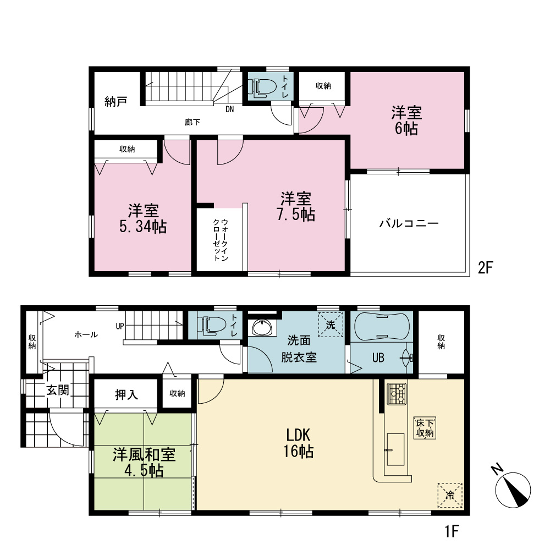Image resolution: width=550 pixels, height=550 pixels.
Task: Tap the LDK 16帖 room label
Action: tap(299, 443)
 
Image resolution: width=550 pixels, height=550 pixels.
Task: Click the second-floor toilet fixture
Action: tap(262, 87)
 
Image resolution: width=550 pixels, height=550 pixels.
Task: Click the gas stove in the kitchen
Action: tap(397, 394)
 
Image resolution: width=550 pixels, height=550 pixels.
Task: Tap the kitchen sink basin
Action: tap(395, 449)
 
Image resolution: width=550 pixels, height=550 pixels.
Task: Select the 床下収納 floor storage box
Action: tap(425, 427)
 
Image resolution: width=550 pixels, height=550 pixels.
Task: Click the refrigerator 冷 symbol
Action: tap(450, 496)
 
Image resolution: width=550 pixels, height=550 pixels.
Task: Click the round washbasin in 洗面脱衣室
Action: tap(262, 328)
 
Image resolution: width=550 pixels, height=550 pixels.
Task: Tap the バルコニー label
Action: tap(409, 223)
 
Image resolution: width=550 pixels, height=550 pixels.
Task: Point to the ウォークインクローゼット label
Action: tap(221, 240)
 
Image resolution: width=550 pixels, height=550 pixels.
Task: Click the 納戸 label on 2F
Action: tap(116, 102)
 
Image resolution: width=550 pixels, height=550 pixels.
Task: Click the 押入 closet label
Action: tap(127, 395)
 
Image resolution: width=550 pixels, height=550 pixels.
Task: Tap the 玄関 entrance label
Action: tap(58, 390)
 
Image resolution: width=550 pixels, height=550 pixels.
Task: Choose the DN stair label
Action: tap(229, 109)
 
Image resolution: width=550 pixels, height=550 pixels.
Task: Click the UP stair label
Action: tap(120, 326)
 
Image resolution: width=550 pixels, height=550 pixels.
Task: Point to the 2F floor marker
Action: tap(486, 268)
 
